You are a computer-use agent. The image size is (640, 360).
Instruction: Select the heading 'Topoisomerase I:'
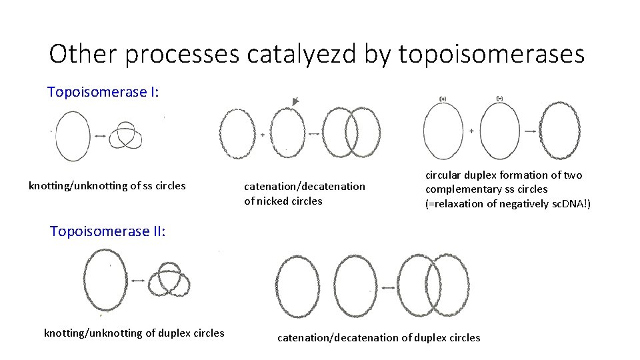(103, 91)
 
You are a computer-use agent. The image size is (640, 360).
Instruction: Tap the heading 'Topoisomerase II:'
(107, 231)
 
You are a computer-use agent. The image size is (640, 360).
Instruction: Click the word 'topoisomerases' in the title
(491, 54)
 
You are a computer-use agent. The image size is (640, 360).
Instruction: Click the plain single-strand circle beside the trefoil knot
(73, 135)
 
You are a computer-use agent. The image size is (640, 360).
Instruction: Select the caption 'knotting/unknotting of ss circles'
(107, 185)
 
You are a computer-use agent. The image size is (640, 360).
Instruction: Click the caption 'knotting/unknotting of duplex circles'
(134, 333)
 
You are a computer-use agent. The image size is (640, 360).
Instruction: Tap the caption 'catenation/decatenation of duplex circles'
(379, 337)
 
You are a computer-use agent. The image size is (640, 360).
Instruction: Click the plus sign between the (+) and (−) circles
(471, 131)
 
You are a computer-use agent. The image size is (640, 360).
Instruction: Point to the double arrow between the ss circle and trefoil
(99, 136)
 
